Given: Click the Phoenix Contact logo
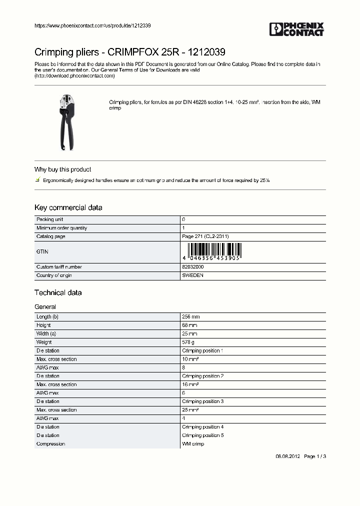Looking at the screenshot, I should (296, 29).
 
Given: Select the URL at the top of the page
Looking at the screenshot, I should (92, 25).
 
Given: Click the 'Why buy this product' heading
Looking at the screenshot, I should (62, 169).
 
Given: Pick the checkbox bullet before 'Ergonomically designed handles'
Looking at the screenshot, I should (37, 179).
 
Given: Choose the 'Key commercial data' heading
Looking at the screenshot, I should (68, 207).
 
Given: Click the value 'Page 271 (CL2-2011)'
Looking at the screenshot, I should (205, 236).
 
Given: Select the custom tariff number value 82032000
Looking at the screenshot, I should (193, 267).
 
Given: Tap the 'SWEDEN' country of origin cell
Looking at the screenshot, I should (192, 275).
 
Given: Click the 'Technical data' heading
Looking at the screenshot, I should (57, 292).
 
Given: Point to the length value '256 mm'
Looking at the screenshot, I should (191, 317).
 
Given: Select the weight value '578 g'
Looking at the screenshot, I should (189, 342).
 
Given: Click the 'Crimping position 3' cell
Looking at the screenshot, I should (202, 401).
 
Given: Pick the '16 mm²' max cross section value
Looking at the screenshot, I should (190, 384).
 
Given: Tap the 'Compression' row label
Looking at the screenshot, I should (50, 444).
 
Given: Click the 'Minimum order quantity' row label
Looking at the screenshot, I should (61, 228).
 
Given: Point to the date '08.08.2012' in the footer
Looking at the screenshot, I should (288, 456).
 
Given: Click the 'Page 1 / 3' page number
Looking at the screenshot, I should (315, 456).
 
